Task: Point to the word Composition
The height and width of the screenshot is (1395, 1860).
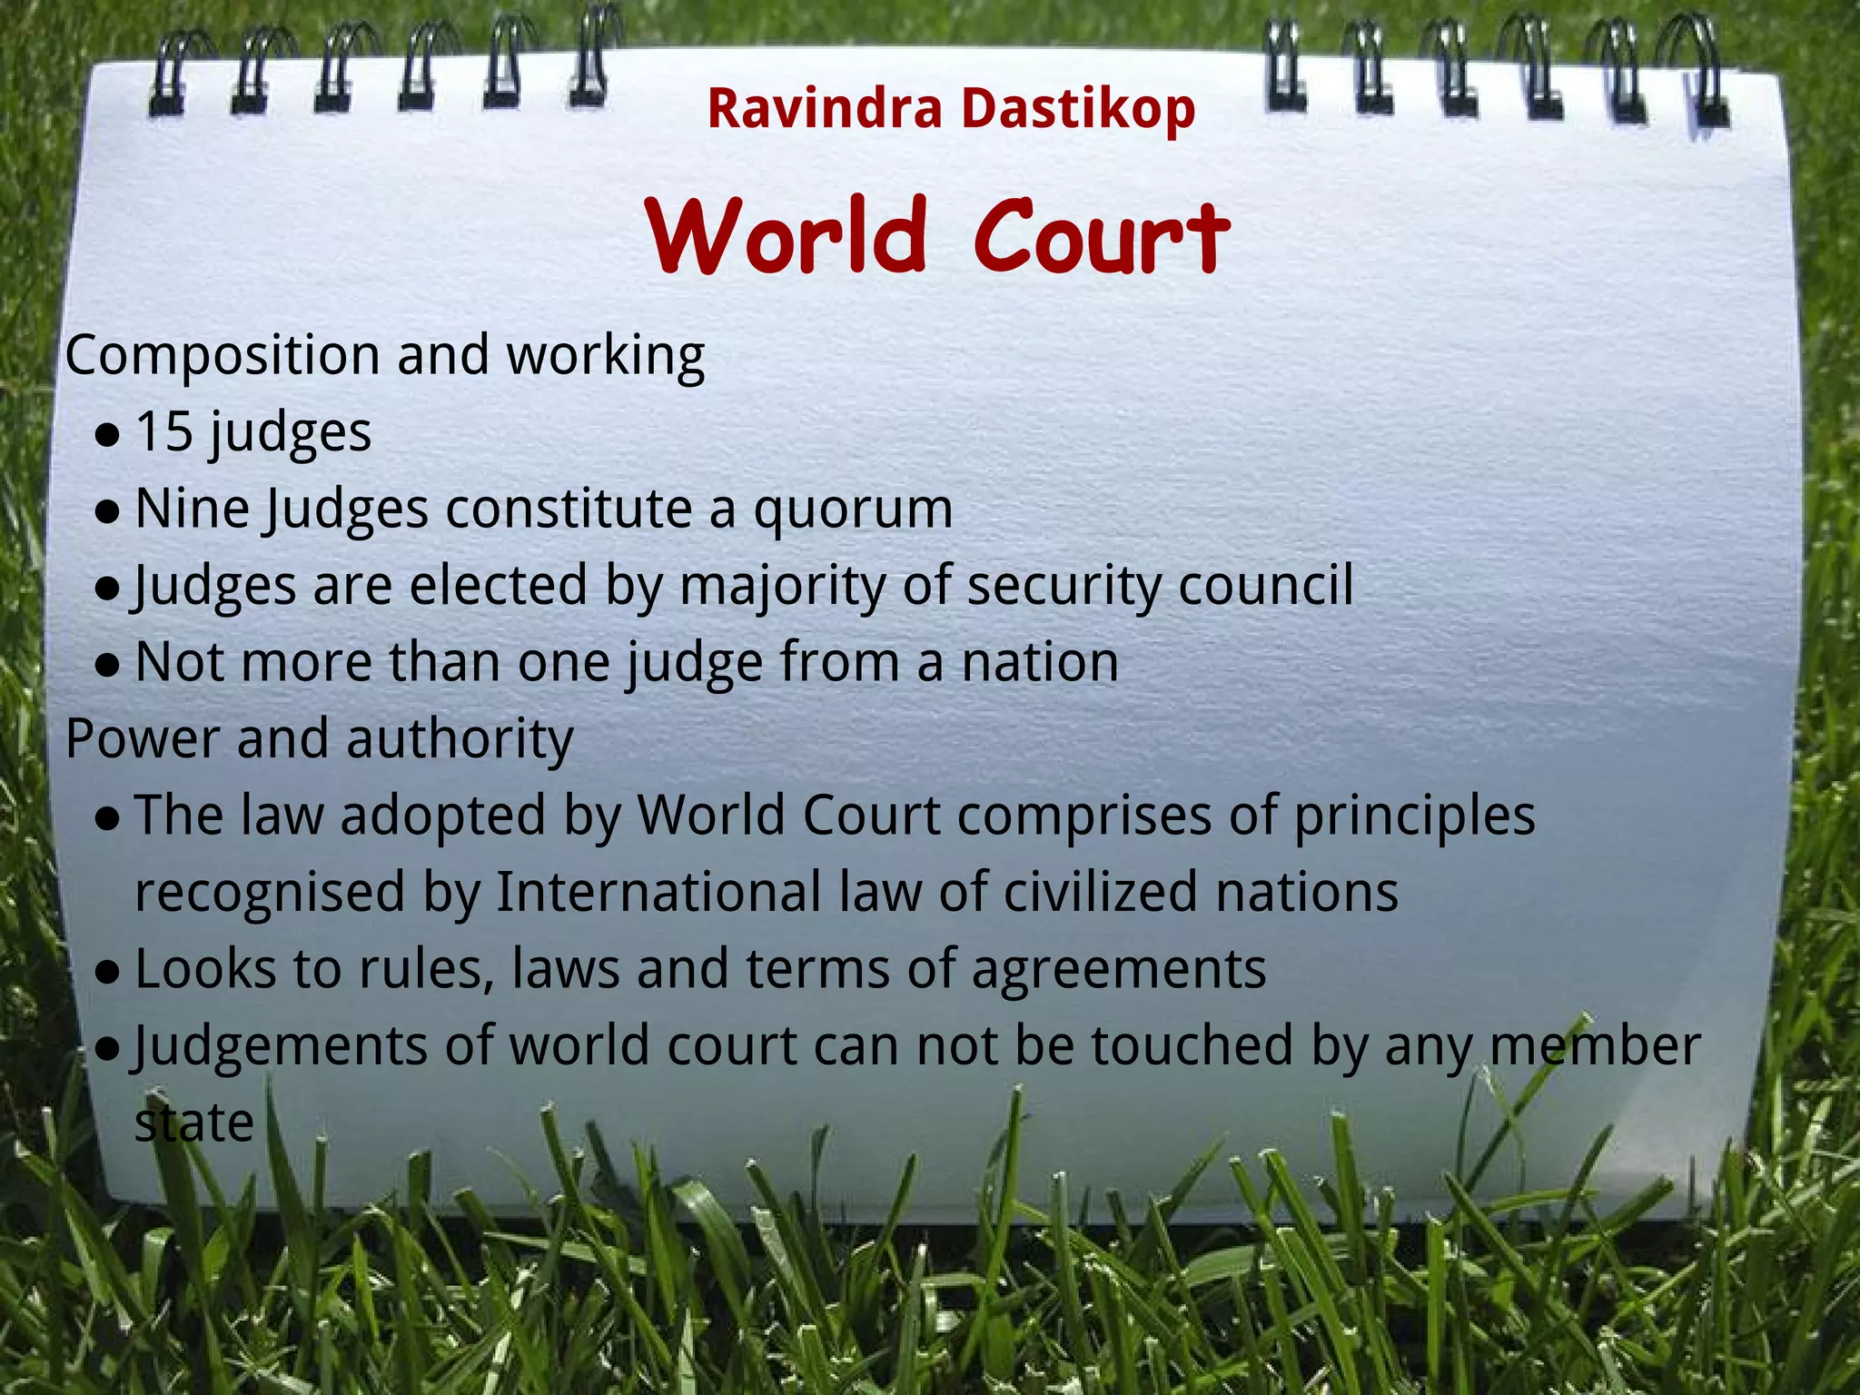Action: (223, 355)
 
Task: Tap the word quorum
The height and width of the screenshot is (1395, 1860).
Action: (853, 510)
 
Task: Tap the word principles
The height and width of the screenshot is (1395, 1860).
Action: (1414, 816)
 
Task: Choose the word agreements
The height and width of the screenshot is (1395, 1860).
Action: (1119, 969)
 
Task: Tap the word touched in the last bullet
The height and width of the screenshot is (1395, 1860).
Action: (1192, 1045)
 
